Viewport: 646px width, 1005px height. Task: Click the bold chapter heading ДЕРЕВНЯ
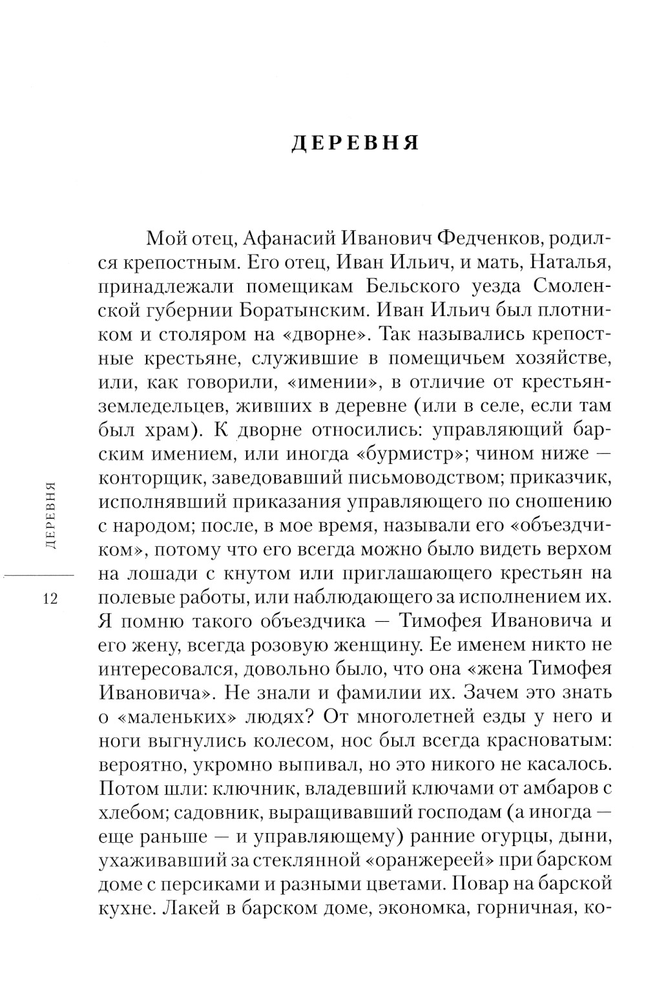tap(355, 143)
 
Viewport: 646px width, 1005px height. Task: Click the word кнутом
tap(268, 573)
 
